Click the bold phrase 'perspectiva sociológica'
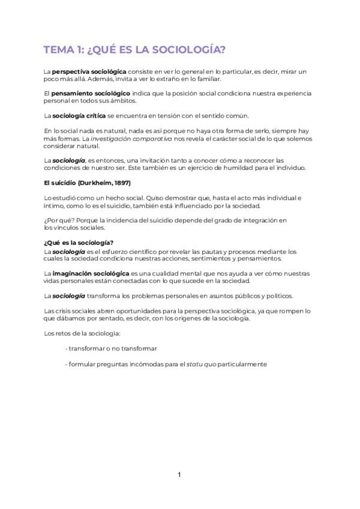(x=89, y=72)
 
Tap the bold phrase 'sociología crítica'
(x=80, y=116)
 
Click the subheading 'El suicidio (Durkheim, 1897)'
(x=88, y=182)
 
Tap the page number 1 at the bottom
(x=179, y=475)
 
